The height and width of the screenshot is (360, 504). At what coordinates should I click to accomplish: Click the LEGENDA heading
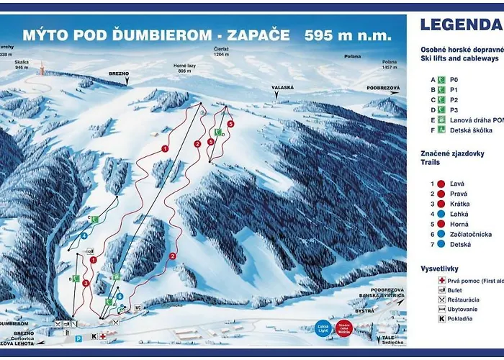(461, 24)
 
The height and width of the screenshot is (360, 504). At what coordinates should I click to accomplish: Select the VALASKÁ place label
(282, 87)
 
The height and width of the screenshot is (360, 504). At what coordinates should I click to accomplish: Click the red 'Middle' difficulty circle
(344, 329)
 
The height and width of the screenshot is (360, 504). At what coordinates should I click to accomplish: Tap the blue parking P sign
(78, 337)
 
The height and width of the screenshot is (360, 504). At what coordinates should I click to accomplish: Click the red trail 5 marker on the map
(230, 125)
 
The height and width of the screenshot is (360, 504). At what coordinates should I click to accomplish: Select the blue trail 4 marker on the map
(84, 235)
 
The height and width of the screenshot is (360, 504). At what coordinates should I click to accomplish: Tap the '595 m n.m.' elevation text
(348, 35)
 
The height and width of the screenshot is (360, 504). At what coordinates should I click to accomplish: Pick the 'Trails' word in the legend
(431, 163)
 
